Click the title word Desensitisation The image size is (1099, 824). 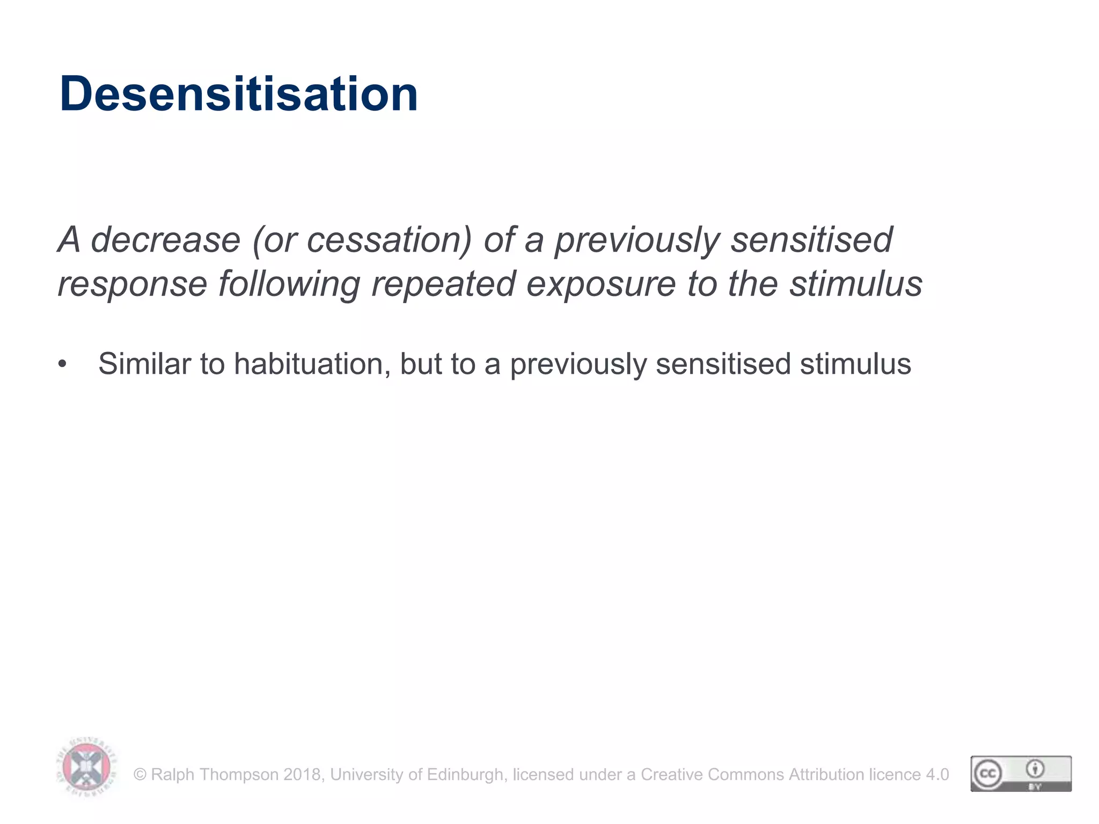(x=238, y=94)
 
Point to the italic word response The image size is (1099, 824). (x=132, y=284)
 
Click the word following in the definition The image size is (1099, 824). (x=289, y=285)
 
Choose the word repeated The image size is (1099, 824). (x=443, y=285)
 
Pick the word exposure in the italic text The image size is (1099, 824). (x=600, y=285)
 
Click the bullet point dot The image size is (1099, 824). (x=63, y=364)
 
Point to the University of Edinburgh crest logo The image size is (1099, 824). (x=86, y=768)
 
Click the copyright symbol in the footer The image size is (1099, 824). (x=140, y=775)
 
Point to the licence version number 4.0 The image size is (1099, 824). (x=937, y=775)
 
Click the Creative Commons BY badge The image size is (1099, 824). (x=1021, y=774)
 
